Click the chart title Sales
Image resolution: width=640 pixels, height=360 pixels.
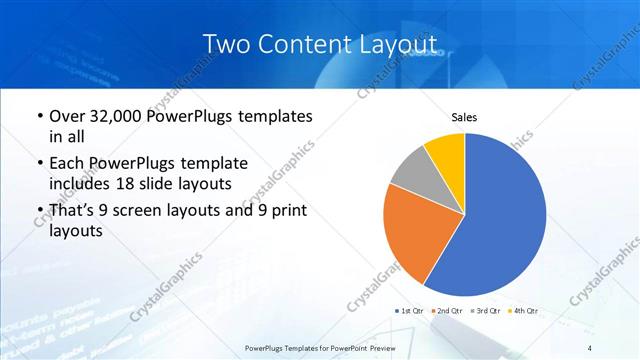tap(464, 118)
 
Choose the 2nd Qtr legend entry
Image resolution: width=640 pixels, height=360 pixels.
tap(449, 311)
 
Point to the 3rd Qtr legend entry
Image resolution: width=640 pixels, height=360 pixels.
tap(488, 311)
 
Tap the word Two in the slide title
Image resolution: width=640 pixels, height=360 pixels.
tap(226, 45)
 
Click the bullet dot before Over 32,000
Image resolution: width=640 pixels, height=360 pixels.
tap(38, 117)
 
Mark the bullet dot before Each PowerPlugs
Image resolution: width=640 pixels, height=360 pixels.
tap(38, 163)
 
